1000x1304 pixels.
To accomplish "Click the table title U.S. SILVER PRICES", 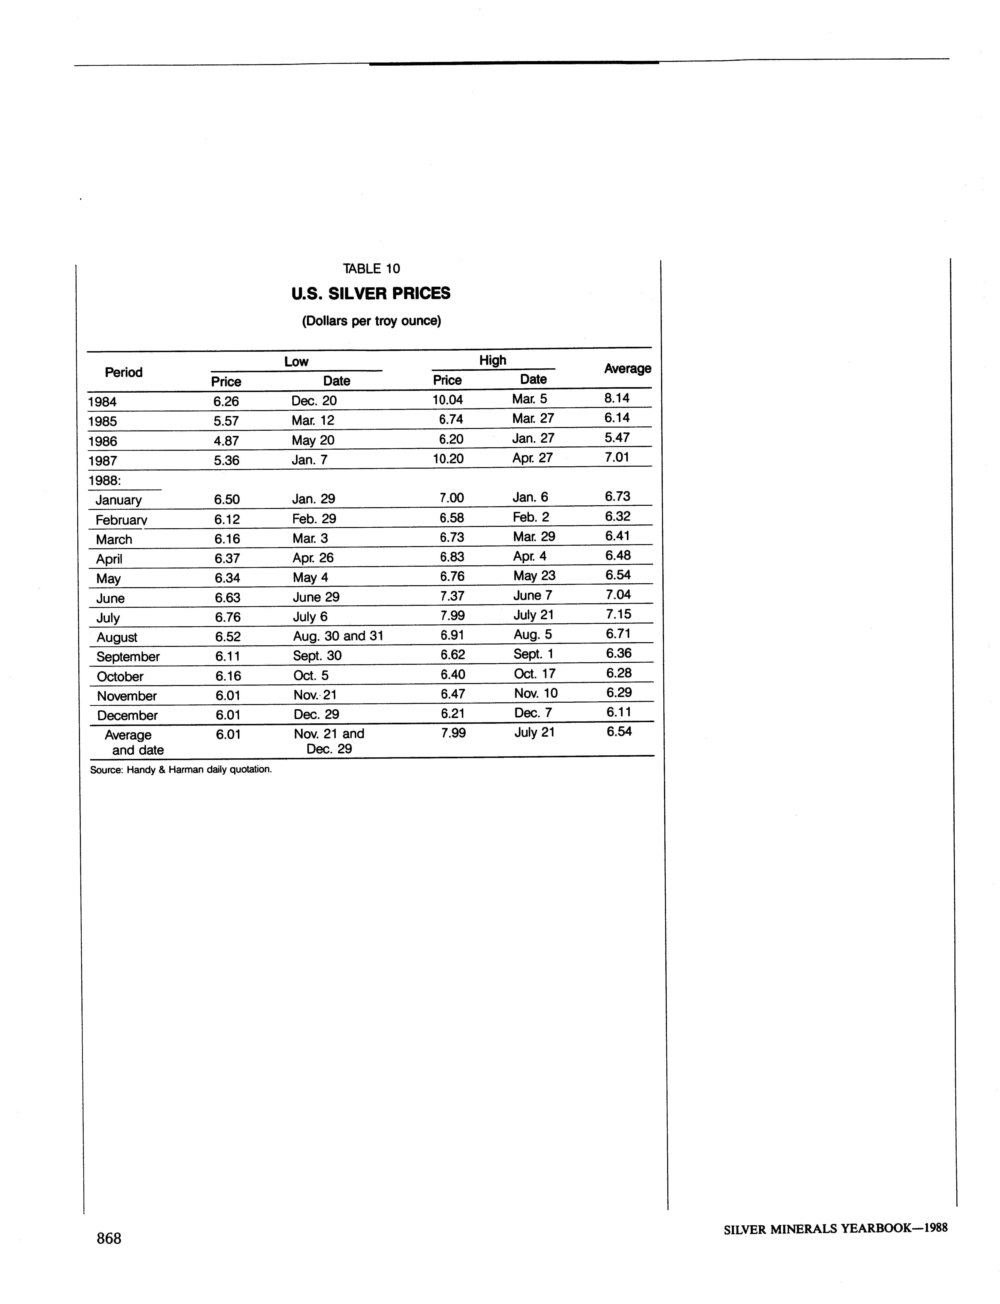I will [371, 294].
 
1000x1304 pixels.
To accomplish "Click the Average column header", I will [627, 369].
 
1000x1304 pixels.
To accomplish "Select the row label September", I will [128, 657].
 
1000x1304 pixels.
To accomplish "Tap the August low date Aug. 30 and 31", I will [338, 636].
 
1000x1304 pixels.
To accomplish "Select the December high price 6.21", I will [452, 713].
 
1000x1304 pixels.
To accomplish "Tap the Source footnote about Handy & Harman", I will [180, 769].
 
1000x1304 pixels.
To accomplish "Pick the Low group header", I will [296, 361].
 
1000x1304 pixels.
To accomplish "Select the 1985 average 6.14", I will [617, 418].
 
